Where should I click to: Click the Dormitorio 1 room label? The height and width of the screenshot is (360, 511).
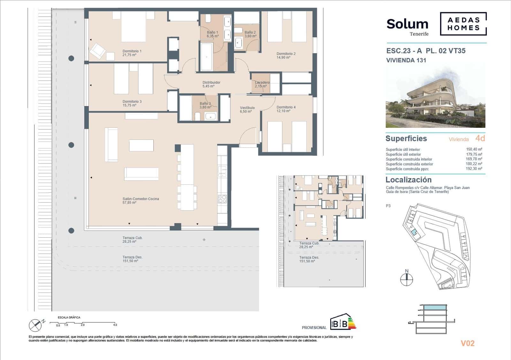[x=132, y=51]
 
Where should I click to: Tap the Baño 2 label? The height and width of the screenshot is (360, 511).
[x=250, y=32]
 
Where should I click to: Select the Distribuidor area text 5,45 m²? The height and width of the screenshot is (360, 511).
[x=208, y=86]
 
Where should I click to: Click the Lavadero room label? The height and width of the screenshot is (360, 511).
[x=262, y=82]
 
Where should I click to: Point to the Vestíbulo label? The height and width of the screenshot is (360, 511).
[x=247, y=108]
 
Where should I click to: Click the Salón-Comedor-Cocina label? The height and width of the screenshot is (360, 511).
[x=141, y=199]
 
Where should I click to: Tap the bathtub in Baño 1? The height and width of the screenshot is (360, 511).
[x=206, y=57]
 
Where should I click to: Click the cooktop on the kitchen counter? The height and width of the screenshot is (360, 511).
[x=222, y=199]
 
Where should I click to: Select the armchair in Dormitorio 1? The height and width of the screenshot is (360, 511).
[x=97, y=51]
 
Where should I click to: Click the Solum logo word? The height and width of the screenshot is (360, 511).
[x=407, y=24]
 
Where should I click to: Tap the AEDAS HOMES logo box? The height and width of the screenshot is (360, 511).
[x=463, y=24]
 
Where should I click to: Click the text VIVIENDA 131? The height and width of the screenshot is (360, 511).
[x=406, y=60]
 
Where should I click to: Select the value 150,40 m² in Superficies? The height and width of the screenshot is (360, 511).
[x=474, y=149]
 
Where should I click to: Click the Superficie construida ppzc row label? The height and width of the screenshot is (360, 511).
[x=407, y=169]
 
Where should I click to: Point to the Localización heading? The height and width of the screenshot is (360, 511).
[x=408, y=180]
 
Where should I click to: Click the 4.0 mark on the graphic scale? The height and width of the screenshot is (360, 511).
[x=115, y=325]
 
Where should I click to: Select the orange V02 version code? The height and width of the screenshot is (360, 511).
[x=467, y=343]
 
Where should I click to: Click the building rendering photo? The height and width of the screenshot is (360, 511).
[x=435, y=96]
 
